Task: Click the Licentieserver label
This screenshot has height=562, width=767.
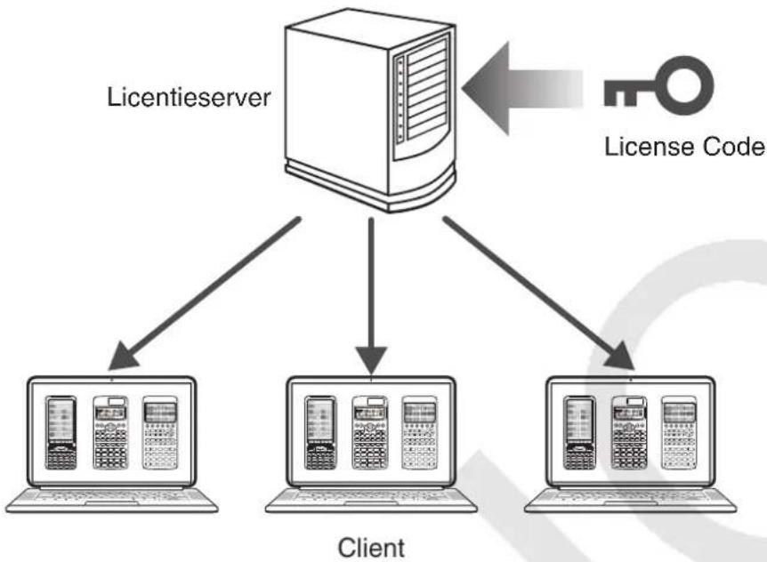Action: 189,97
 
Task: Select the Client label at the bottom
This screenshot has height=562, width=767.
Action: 371,548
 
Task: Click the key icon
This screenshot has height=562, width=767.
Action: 658,86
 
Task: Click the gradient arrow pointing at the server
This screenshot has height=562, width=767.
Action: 522,88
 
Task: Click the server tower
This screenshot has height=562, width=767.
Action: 370,110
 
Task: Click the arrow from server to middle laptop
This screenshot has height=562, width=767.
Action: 371,295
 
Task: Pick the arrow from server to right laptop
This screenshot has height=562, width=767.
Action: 539,293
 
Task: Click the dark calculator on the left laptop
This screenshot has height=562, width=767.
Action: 61,433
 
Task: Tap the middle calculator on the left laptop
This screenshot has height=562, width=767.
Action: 110,433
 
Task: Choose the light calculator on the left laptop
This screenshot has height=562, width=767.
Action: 160,433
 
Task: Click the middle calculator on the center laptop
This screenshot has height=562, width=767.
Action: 370,433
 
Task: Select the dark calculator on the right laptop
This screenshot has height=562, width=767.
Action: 579,433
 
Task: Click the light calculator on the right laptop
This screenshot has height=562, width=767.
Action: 678,433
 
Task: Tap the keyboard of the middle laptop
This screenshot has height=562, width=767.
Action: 371,500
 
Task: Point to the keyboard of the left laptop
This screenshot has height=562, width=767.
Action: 112,500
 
